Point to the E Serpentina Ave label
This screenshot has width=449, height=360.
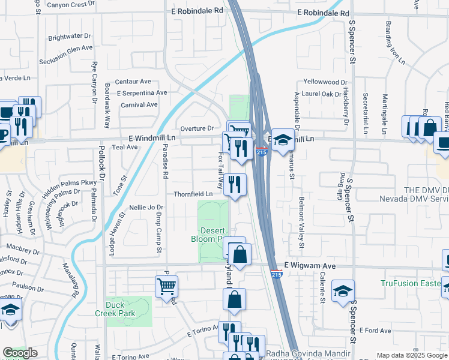coord(142,93)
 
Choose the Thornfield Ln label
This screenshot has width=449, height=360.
coord(193,194)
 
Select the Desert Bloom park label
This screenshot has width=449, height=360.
coord(213,235)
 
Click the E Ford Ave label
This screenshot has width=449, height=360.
coord(376,330)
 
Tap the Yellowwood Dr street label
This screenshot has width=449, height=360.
coord(326,82)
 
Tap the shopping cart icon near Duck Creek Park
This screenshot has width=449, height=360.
coord(166,286)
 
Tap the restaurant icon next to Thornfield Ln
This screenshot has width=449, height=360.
coord(235,184)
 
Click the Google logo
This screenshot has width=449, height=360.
coord(20,353)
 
